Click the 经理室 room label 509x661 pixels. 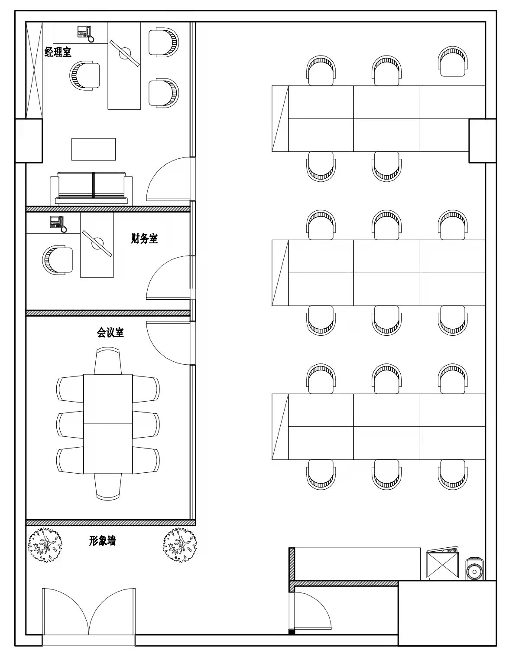[58, 52]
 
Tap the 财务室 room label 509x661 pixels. [144, 238]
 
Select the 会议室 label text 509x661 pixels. [110, 332]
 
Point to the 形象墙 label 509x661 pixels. [102, 540]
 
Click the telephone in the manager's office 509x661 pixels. [85, 33]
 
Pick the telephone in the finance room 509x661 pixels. [58, 224]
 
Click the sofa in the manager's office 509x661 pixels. [91, 189]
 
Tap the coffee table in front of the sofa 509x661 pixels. [94, 149]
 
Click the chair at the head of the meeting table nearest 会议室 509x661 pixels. [108, 361]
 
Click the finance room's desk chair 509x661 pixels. [58, 260]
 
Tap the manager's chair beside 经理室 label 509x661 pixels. [85, 76]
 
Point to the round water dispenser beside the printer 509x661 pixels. [474, 569]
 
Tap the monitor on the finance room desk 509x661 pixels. [97, 243]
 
